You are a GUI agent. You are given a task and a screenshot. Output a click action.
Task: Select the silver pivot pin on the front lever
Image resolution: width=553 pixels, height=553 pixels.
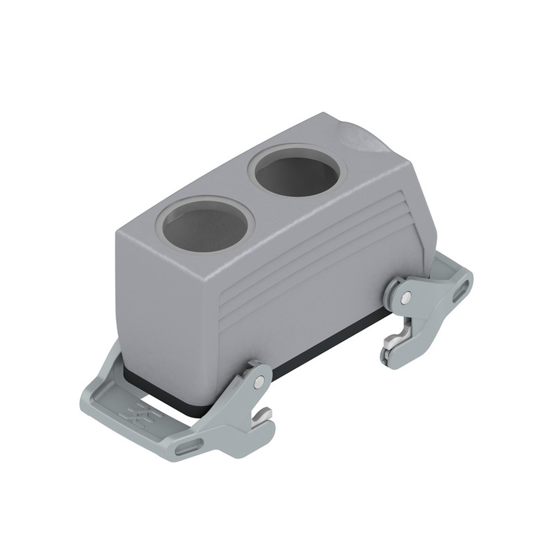(x=259, y=381)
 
